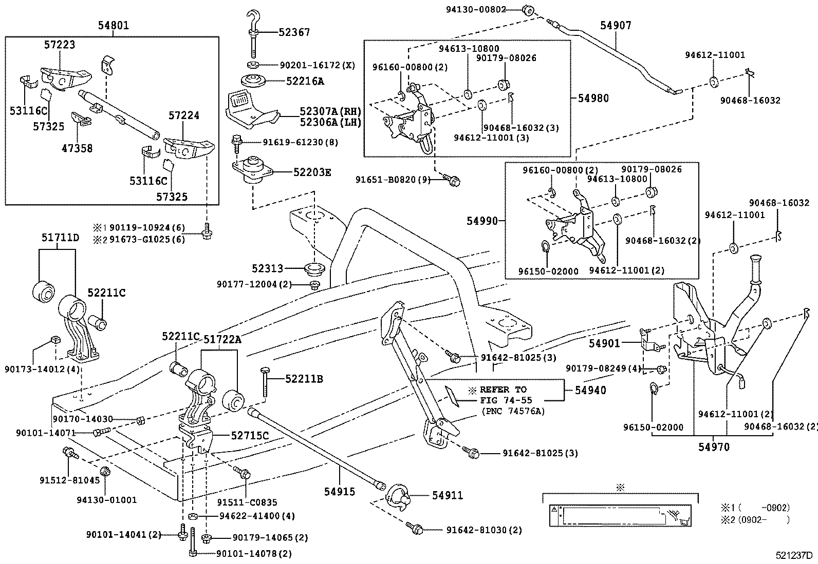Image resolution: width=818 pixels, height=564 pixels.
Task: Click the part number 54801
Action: (114, 25)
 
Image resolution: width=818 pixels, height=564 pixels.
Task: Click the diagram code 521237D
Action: (794, 555)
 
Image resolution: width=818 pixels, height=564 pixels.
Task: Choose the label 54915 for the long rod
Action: (339, 492)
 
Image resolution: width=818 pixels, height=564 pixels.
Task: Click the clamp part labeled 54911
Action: (399, 496)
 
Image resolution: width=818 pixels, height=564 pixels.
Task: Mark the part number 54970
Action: (714, 447)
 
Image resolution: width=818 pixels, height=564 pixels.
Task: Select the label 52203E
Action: (312, 172)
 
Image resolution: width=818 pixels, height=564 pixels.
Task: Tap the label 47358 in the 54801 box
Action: (77, 148)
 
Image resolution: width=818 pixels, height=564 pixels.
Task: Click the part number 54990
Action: (482, 221)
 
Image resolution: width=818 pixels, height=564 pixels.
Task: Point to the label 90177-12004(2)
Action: (254, 284)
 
